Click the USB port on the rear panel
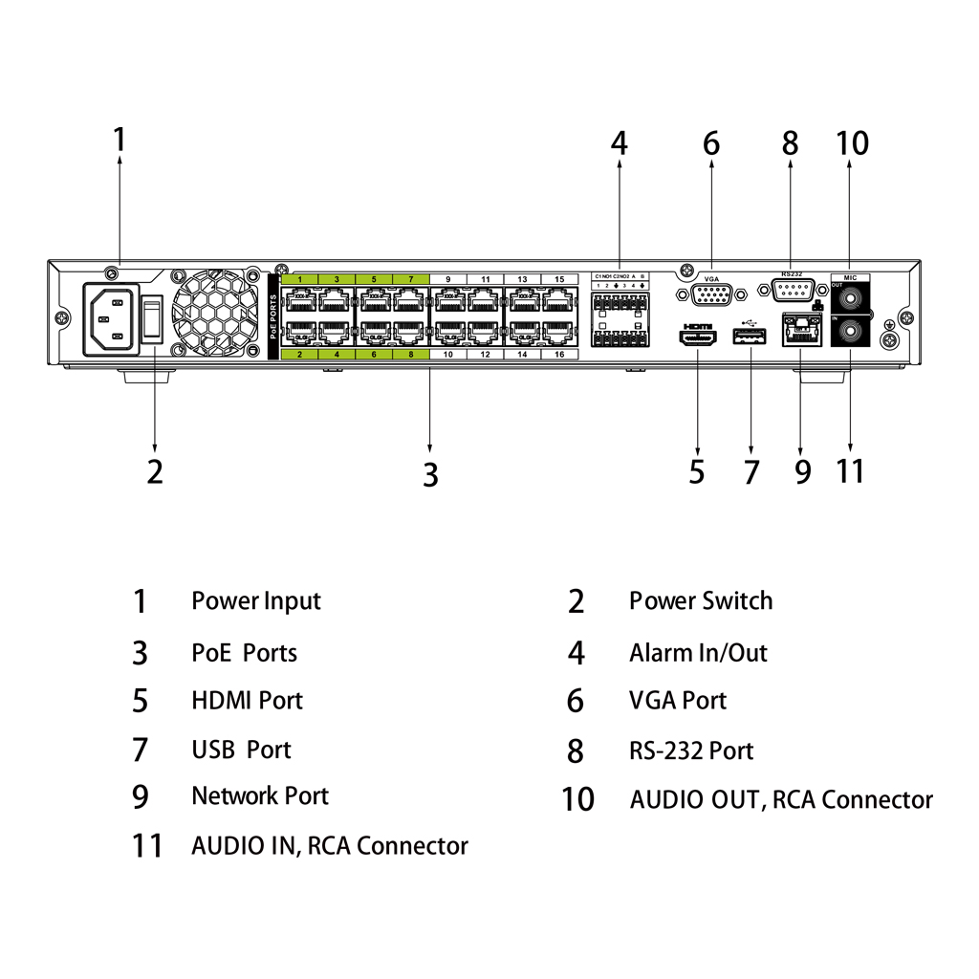[x=751, y=337]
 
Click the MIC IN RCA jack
[x=851, y=333]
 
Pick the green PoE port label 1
[x=299, y=279]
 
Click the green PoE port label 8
[x=410, y=355]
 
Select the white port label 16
[x=559, y=355]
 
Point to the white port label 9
[x=447, y=279]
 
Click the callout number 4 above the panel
[x=620, y=143]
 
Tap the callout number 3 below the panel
[x=430, y=473]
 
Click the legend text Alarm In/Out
[x=698, y=653]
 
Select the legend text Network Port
[x=259, y=796]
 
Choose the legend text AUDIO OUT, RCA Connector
[x=781, y=799]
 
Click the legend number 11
[x=146, y=846]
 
